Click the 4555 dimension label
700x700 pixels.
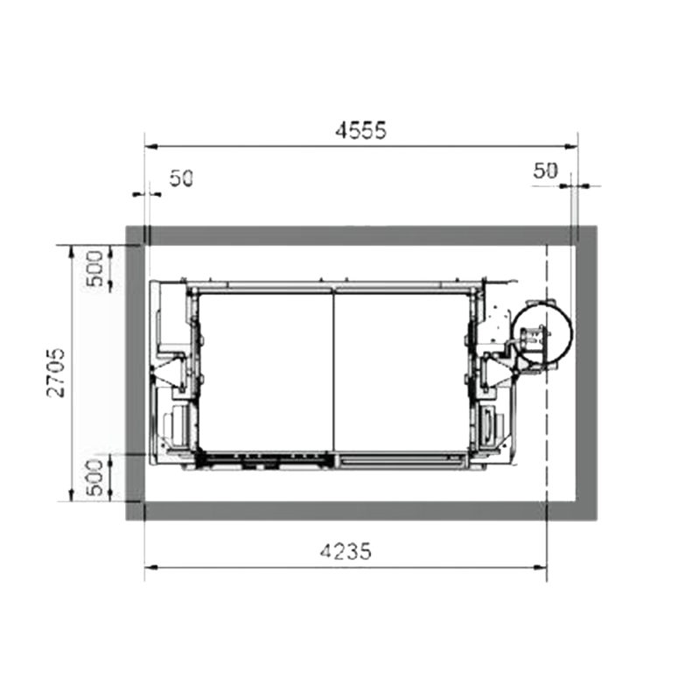click(360, 130)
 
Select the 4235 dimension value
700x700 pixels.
click(346, 551)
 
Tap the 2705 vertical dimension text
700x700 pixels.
click(56, 373)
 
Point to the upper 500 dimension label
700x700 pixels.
click(95, 269)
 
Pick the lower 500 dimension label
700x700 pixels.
click(95, 478)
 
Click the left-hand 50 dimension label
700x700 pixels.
click(181, 179)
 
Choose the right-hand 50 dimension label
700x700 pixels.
click(545, 171)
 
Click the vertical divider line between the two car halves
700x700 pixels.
click(334, 373)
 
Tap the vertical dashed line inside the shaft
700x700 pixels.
click(547, 374)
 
